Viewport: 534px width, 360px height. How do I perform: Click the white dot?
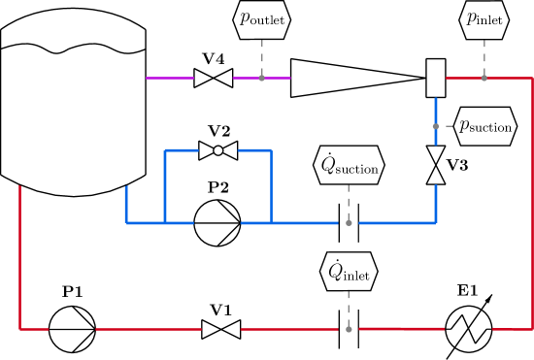218,150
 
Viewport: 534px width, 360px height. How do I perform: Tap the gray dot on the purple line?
262,78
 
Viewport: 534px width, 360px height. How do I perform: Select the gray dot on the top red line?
484,78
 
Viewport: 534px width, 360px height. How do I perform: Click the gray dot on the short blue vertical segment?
436,126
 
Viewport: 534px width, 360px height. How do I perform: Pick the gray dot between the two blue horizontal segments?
349,223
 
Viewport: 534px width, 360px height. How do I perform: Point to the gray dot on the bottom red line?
349,329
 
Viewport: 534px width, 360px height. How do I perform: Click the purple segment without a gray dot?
170,78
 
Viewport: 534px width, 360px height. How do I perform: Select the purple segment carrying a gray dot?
277,78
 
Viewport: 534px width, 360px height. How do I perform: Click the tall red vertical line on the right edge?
532,204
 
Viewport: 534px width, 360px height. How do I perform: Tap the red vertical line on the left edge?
19,257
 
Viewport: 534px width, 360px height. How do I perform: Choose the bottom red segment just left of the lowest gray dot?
289,329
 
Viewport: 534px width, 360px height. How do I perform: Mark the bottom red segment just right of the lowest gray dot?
402,329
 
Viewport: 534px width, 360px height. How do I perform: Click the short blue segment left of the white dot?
182,150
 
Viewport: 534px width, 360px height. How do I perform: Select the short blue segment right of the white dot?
254,150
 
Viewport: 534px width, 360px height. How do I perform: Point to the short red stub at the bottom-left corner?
34,329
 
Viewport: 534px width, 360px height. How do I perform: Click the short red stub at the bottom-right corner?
512,329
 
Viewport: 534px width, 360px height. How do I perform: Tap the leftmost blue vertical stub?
126,204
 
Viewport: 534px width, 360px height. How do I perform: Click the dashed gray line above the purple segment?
262,53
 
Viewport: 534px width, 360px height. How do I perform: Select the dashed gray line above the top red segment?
484,53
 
